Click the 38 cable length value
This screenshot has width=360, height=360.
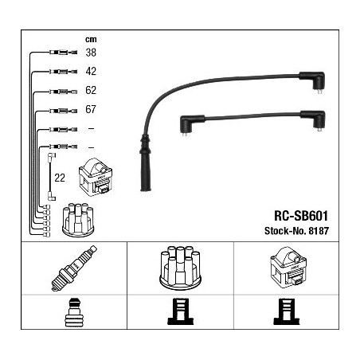click(x=91, y=53)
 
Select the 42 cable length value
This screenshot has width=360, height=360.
click(x=91, y=71)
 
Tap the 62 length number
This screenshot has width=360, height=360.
click(x=91, y=90)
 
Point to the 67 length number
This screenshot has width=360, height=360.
click(x=91, y=109)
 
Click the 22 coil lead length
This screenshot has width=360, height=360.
click(x=60, y=178)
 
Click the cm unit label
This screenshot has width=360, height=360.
click(x=91, y=39)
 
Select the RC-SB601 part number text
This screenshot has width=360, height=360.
click(x=301, y=216)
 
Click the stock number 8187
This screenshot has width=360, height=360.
click(x=319, y=231)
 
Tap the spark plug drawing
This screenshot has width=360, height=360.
click(x=74, y=268)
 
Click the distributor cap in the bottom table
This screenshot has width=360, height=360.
click(x=180, y=268)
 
